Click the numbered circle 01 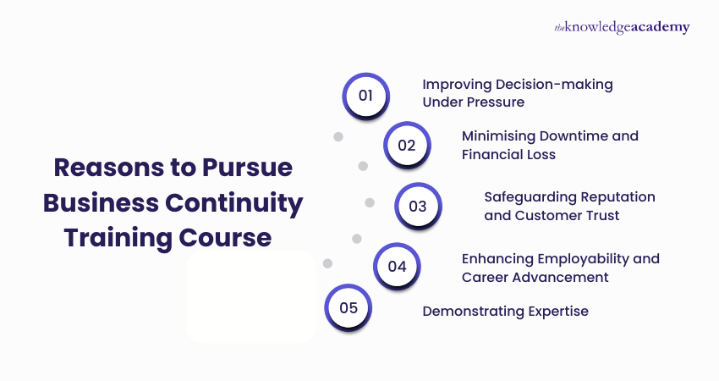(x=365, y=95)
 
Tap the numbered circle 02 (x=407, y=145)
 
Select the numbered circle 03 (x=418, y=207)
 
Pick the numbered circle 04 (x=397, y=266)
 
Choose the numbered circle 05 (x=349, y=307)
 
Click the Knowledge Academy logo (x=622, y=27)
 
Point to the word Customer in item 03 (x=546, y=215)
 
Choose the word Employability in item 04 (x=575, y=257)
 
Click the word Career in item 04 (x=484, y=277)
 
